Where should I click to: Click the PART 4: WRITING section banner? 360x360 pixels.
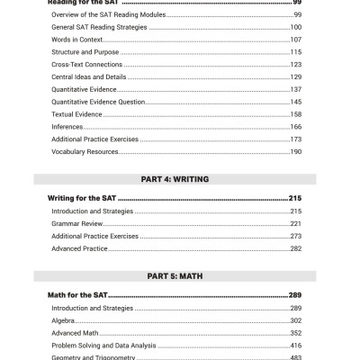pyautogui.click(x=180, y=179)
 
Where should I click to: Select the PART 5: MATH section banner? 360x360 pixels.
pyautogui.click(x=180, y=277)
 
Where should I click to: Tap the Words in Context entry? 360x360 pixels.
pyautogui.click(x=76, y=40)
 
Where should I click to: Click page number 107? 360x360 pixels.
pyautogui.click(x=295, y=40)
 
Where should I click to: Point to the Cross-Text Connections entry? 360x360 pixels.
pyautogui.click(x=87, y=65)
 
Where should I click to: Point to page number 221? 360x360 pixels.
pyautogui.click(x=295, y=223)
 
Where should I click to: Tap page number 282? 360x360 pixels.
pyautogui.click(x=295, y=248)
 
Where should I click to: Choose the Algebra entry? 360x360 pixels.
pyautogui.click(x=64, y=320)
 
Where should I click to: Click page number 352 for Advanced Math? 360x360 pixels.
pyautogui.click(x=295, y=333)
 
